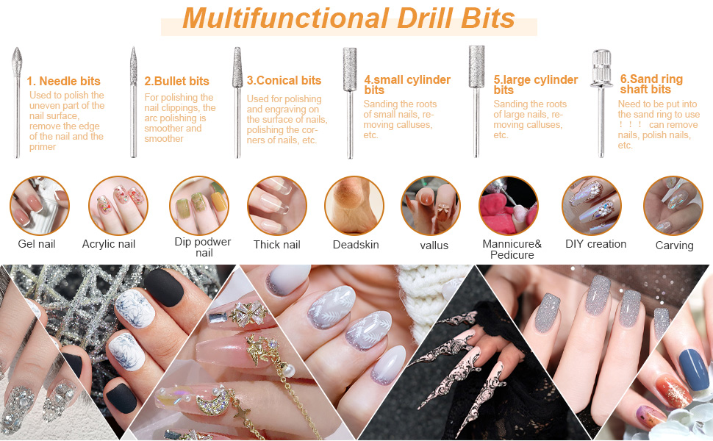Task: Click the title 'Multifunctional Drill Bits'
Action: pos(348,18)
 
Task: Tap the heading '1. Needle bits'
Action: pos(63,81)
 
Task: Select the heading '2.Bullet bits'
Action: pos(176,81)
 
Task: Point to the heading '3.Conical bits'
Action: pos(284,80)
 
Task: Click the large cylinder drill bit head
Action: pos(476,66)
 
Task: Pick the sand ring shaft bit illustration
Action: pos(601,103)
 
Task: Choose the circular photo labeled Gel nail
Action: pos(40,206)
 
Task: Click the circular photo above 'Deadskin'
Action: pos(354,206)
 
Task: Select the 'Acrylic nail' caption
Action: pos(109,244)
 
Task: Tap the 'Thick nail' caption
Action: pos(277,245)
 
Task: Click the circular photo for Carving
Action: pos(673,206)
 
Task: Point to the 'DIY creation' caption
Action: pos(595,244)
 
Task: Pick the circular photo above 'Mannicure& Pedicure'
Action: pos(509,206)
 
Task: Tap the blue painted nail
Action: pos(693,369)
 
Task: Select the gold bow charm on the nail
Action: pos(248,314)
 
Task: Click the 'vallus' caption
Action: pos(434,245)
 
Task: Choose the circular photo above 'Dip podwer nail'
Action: pos(199,206)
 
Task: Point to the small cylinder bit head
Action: pos(350,69)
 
